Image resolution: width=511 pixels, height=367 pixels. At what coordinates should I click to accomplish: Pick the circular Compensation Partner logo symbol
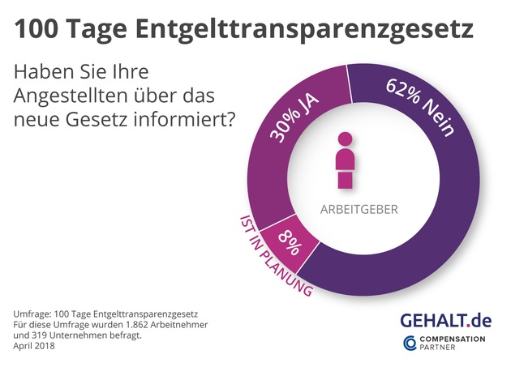(410, 345)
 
